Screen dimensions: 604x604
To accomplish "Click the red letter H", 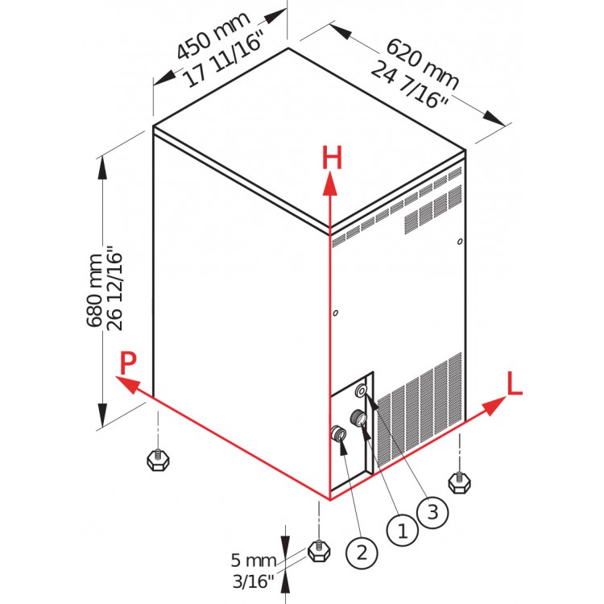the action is tap(332, 159).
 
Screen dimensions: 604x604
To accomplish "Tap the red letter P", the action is tap(128, 363).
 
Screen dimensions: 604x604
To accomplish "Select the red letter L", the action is tap(515, 383).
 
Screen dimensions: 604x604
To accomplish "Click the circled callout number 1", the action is tap(402, 532).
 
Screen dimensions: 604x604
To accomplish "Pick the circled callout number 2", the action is tap(362, 553).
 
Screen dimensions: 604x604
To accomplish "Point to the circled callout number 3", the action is tap(432, 512).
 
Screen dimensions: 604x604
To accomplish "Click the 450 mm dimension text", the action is tap(213, 35).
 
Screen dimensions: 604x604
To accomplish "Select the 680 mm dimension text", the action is tap(94, 291).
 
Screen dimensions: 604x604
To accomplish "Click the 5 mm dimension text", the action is tap(254, 560).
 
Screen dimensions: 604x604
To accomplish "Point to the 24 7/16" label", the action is tap(410, 84).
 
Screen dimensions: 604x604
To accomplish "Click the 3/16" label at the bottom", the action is tap(254, 581).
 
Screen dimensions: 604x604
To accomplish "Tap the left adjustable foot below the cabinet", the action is tap(159, 458).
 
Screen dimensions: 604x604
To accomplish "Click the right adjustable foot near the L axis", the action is tap(460, 482).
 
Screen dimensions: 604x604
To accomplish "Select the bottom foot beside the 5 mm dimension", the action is tap(319, 551).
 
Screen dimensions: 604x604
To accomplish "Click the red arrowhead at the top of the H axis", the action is tap(330, 184).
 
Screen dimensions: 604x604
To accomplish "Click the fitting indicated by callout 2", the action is tap(338, 433).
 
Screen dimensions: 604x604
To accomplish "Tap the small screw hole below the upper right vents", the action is tap(460, 242).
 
